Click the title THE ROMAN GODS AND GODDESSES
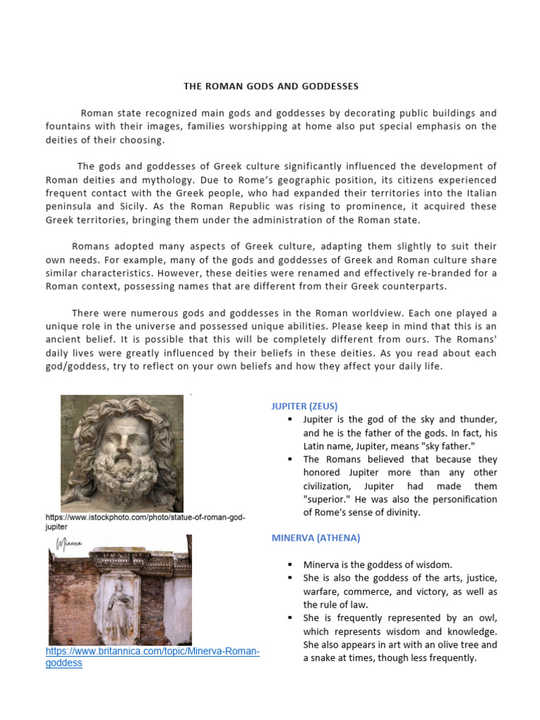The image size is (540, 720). click(271, 86)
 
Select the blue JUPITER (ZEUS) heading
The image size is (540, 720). click(304, 406)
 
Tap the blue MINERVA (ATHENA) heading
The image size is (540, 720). click(316, 538)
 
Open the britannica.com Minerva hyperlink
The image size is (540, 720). click(153, 657)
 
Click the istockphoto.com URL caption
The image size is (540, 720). click(145, 521)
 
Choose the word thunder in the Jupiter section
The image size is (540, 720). click(479, 419)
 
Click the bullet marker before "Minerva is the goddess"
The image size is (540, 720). click(290, 565)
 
